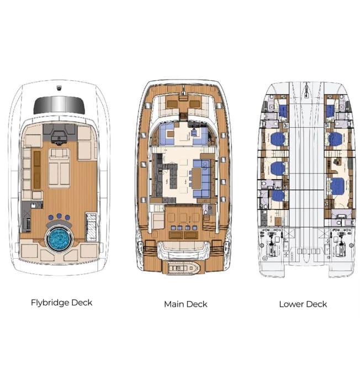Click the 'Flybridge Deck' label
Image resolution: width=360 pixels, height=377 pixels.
pos(61,302)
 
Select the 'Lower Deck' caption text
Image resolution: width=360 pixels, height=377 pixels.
pos(303,303)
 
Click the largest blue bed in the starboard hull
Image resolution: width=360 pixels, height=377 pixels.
pos(335,185)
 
